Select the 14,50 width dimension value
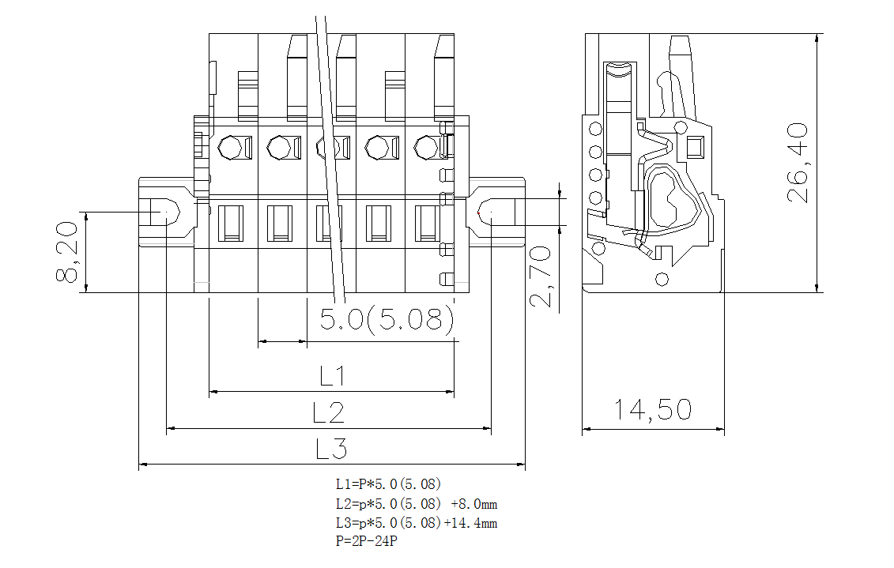(x=653, y=409)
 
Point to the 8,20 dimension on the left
(x=66, y=252)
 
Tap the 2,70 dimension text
(x=540, y=276)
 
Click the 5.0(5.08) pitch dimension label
(x=387, y=318)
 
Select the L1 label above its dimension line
(x=333, y=376)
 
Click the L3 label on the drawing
(x=331, y=450)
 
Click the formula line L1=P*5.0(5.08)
(x=388, y=483)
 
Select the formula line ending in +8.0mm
(x=416, y=503)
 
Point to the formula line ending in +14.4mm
(x=416, y=522)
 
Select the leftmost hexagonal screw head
(x=230, y=147)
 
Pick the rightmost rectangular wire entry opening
(x=428, y=222)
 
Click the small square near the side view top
(x=695, y=147)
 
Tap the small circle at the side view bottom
(x=662, y=279)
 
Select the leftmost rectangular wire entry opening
(x=231, y=222)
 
